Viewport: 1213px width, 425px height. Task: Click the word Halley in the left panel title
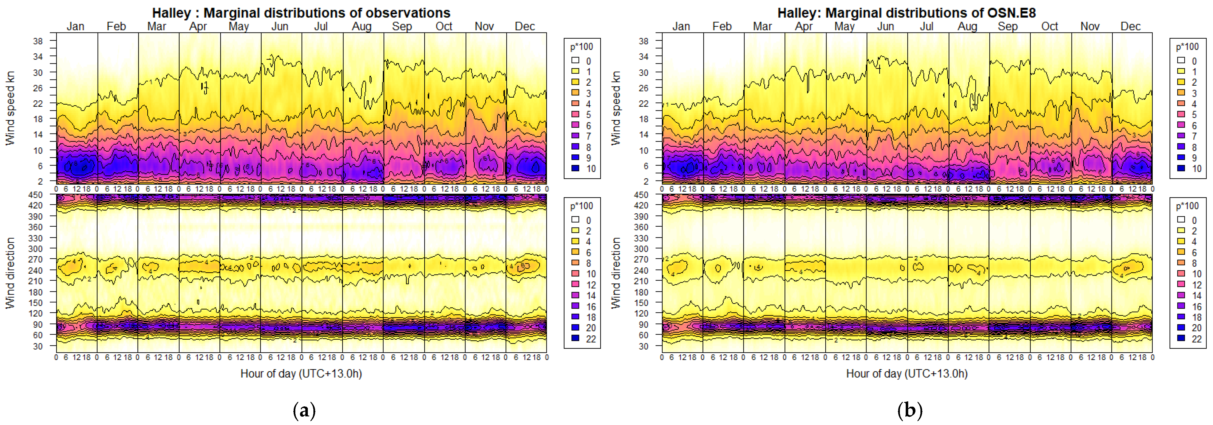(x=171, y=13)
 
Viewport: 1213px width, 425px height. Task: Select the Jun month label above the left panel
(x=280, y=26)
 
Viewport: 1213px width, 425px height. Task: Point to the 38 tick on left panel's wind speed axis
(x=38, y=41)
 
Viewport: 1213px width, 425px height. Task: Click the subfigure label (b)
(x=910, y=410)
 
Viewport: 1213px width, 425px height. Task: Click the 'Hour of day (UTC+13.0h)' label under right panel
(x=907, y=374)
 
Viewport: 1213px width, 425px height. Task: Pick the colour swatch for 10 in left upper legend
(x=575, y=168)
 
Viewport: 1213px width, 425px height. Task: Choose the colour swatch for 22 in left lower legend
(x=575, y=338)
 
